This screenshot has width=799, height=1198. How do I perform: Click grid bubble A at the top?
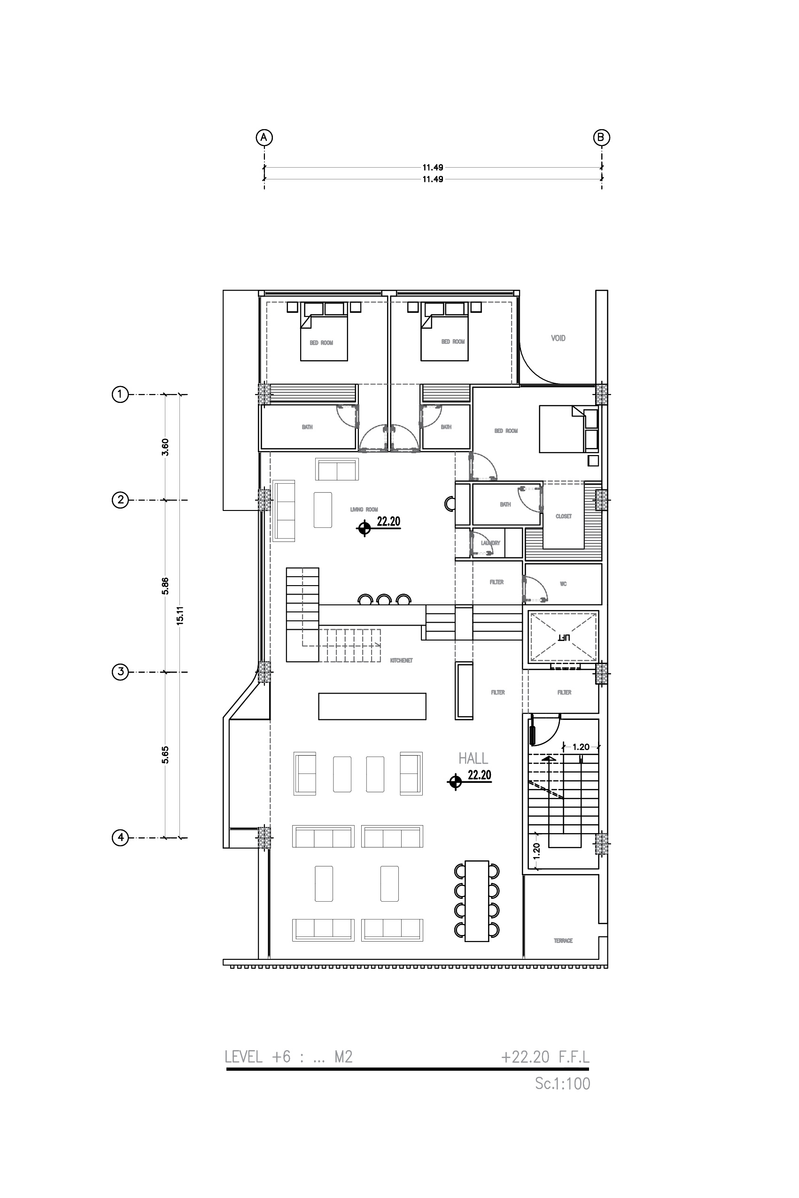[x=264, y=137]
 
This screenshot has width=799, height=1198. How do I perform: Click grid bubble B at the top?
[x=601, y=137]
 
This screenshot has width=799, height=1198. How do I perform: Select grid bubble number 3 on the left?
[x=120, y=672]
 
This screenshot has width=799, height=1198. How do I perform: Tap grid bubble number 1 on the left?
[x=120, y=394]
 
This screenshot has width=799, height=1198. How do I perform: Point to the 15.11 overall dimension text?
[x=179, y=616]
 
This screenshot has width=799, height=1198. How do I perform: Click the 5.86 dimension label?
[x=165, y=586]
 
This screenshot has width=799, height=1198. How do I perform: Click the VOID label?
[x=558, y=338]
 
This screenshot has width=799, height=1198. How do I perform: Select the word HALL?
[x=473, y=758]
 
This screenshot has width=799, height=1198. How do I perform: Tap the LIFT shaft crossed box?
[x=563, y=637]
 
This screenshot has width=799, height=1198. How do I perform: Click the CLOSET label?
[x=563, y=516]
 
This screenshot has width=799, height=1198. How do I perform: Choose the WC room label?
[x=563, y=584]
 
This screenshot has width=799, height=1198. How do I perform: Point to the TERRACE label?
[x=563, y=941]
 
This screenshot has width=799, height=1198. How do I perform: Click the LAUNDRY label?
[x=490, y=543]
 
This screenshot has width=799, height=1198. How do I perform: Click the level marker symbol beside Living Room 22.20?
[x=364, y=529]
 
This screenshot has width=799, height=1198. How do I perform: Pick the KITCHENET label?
[x=401, y=661]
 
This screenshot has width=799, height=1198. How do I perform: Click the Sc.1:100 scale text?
[x=562, y=1083]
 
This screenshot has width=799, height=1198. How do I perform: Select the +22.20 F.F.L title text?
[x=545, y=1057]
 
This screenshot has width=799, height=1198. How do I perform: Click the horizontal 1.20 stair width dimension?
[x=581, y=747]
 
